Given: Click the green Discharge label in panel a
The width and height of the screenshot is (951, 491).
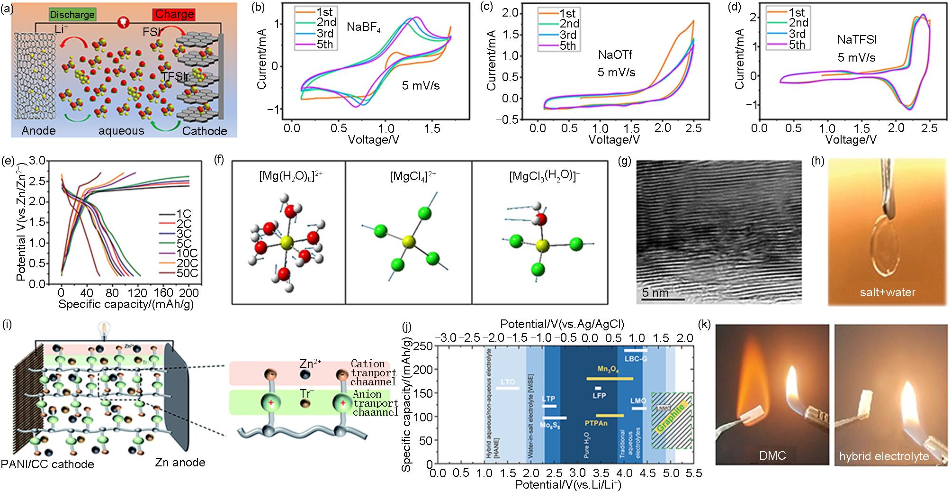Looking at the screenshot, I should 72,15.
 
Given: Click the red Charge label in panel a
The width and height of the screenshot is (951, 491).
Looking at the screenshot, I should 174,14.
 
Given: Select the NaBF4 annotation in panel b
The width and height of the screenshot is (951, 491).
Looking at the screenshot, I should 364,27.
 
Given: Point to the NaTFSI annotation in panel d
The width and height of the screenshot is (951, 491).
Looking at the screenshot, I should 857,40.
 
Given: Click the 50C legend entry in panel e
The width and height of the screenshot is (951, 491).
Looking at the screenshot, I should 186,273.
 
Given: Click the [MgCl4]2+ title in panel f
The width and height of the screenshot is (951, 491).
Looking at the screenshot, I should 413,176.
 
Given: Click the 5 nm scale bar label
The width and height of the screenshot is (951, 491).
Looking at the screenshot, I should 655,292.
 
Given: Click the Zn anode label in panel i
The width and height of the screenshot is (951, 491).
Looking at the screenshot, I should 180,462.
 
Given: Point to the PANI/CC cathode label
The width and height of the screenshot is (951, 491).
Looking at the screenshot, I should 47,464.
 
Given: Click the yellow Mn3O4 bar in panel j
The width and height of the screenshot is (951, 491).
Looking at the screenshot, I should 610,379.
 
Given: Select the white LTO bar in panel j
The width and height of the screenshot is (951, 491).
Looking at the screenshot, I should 507,388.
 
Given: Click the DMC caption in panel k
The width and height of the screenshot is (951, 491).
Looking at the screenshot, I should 772,455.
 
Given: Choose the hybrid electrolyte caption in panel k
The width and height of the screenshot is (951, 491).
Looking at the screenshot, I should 884,456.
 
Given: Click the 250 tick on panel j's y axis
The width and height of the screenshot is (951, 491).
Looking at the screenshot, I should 424,346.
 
